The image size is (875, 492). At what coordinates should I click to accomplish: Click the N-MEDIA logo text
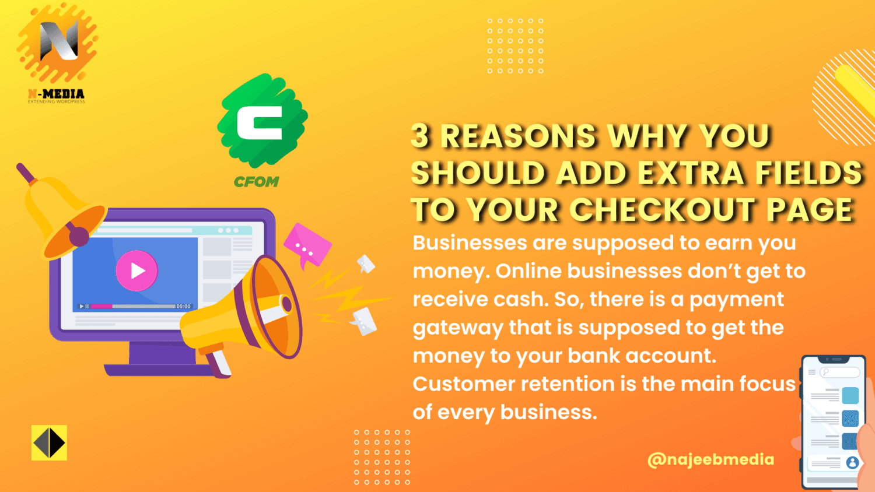56,94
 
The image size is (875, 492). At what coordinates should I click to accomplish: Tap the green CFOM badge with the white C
262,121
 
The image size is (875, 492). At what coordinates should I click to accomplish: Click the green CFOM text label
256,182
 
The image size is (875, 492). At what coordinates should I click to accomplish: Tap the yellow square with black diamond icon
49,443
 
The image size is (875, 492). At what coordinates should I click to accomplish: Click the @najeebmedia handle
710,459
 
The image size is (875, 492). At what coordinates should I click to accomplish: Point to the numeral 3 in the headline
420,136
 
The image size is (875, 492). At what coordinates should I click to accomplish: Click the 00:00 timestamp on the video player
184,306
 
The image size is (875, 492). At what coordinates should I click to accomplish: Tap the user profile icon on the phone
852,462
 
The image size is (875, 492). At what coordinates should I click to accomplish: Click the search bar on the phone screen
839,372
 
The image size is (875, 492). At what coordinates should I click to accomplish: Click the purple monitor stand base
157,370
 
